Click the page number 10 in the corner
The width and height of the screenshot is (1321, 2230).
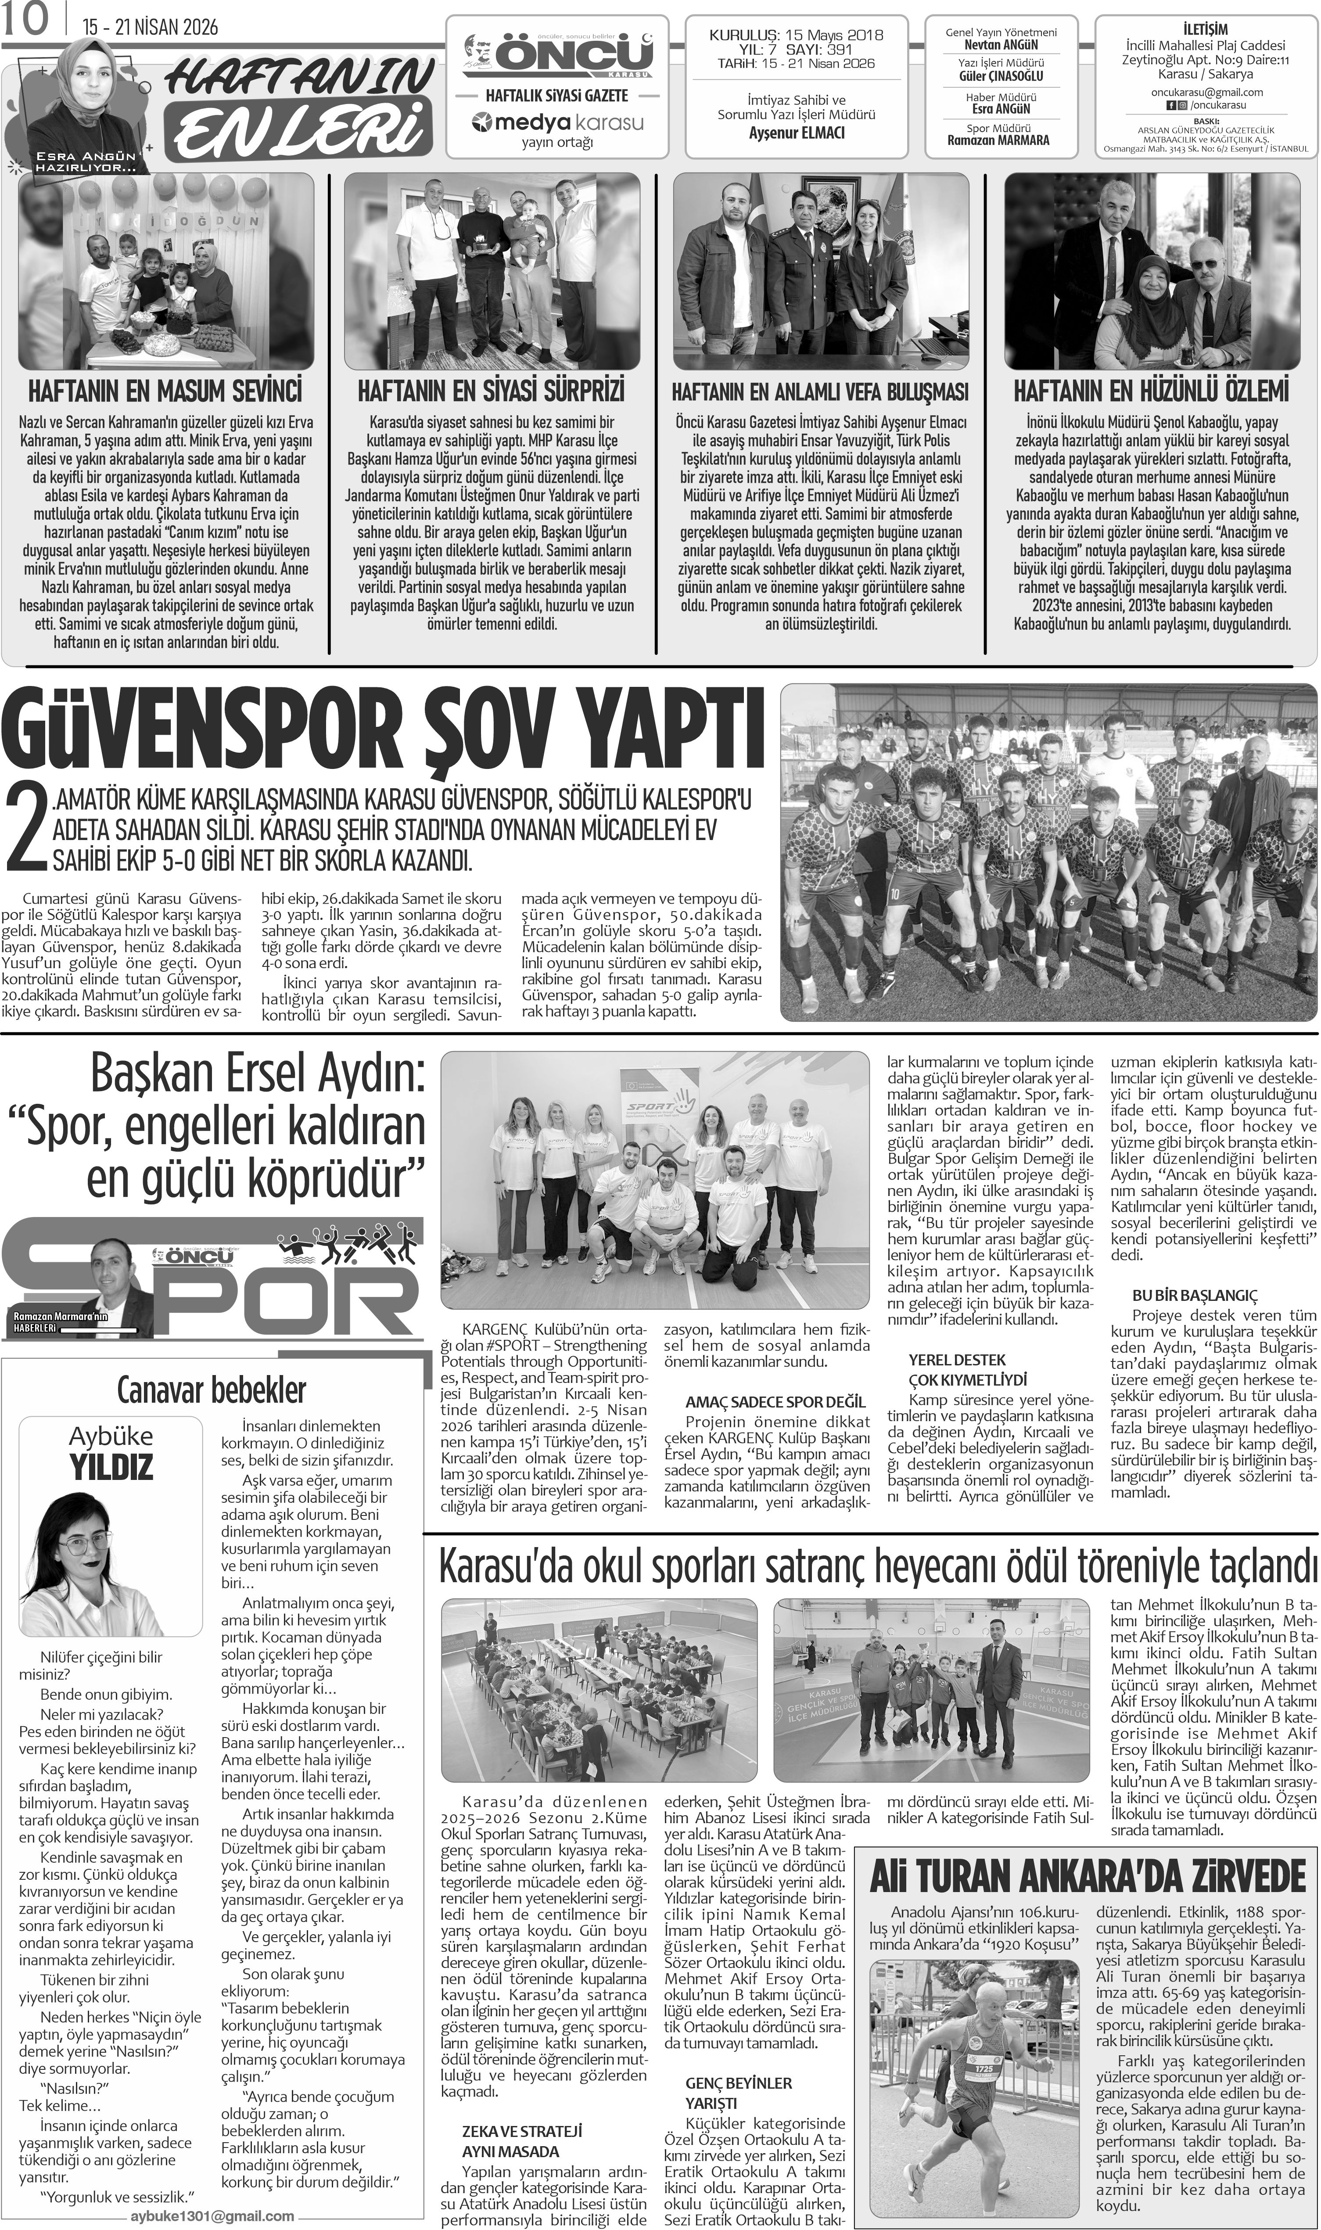click(x=27, y=22)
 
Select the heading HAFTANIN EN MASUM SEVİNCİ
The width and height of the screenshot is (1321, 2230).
click(x=165, y=391)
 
